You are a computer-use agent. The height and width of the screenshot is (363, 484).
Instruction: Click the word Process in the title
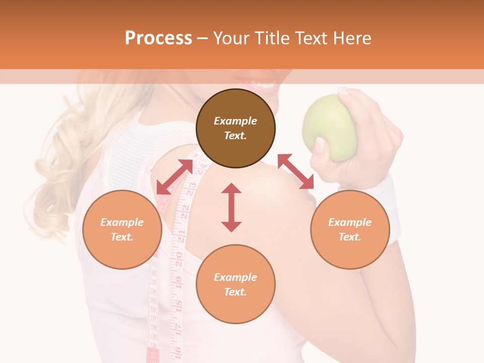[158, 38]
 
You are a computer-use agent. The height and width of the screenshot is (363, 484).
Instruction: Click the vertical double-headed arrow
[231, 207]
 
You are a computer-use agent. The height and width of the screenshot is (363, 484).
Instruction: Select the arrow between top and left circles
[174, 177]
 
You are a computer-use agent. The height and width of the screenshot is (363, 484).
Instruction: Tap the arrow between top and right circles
[295, 171]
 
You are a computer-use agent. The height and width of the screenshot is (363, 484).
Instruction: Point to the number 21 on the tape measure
[181, 233]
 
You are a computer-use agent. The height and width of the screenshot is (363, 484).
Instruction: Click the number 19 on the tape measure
[178, 280]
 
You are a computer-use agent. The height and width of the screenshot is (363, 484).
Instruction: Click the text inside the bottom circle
[235, 284]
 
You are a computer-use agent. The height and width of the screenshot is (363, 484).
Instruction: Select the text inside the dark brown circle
[235, 128]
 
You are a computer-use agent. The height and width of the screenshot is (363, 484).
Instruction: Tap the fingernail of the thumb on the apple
[320, 145]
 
